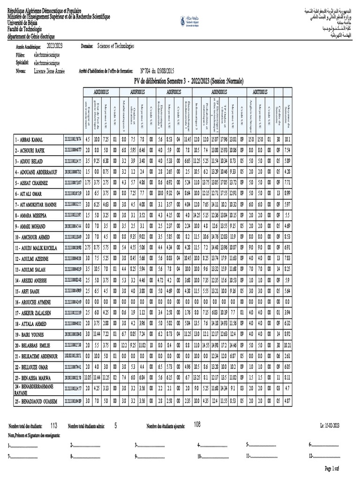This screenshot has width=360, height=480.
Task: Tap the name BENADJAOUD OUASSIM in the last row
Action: (36, 401)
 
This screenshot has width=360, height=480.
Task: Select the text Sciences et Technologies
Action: (115, 46)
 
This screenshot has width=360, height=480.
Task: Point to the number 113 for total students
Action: (53, 425)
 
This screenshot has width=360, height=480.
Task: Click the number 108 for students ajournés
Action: (197, 424)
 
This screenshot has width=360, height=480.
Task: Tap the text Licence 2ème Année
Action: (50, 71)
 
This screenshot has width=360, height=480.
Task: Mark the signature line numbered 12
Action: (324, 456)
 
